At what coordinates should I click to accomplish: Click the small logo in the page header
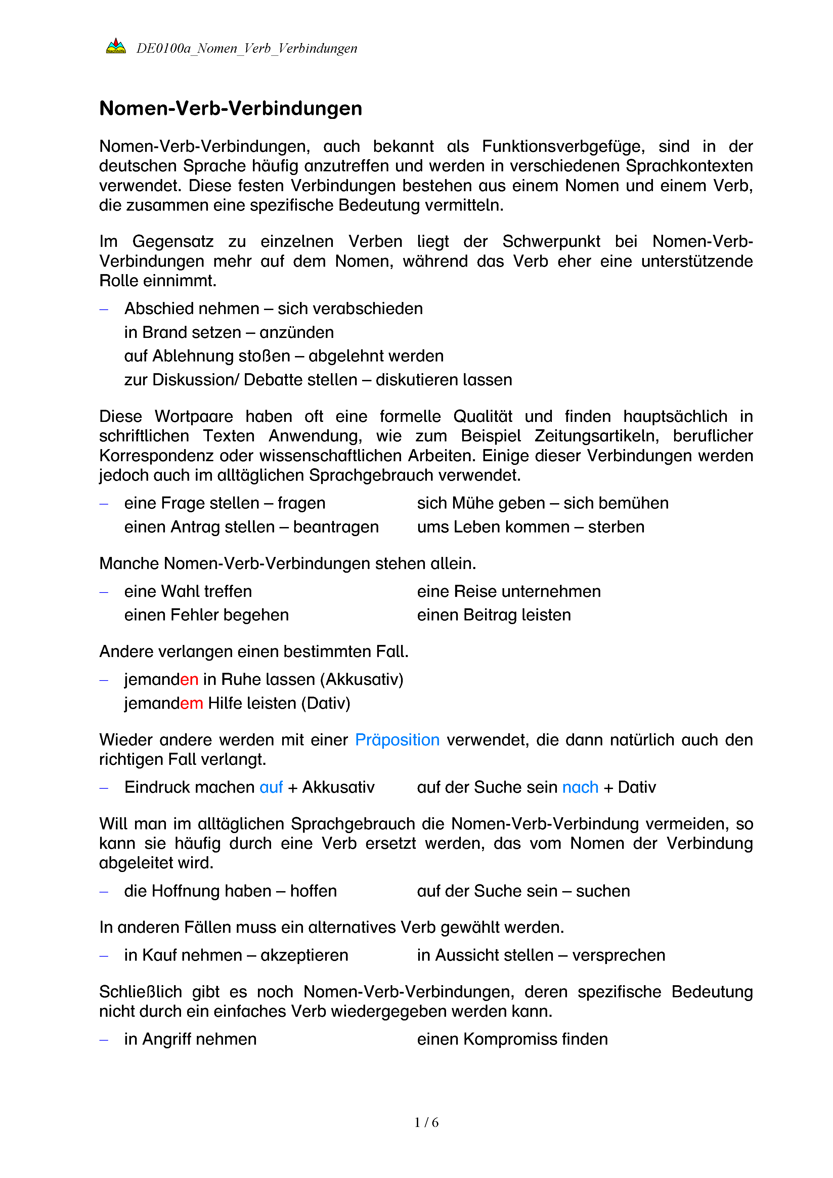pos(116,47)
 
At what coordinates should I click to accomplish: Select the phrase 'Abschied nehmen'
pos(192,309)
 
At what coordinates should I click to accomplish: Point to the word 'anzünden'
pos(297,333)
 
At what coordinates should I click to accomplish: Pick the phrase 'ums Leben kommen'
pos(493,527)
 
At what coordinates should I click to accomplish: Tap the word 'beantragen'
pos(336,527)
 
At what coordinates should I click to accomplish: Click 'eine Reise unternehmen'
pos(508,592)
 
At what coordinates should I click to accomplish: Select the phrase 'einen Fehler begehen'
pos(206,615)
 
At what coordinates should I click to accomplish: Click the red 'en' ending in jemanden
pos(189,680)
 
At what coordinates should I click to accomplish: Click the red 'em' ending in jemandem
pos(191,703)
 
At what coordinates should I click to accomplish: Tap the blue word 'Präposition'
pos(397,740)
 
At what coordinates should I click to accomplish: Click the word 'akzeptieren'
pos(304,955)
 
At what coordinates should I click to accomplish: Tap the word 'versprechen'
pos(619,955)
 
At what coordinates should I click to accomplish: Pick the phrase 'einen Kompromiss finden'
pos(512,1040)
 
